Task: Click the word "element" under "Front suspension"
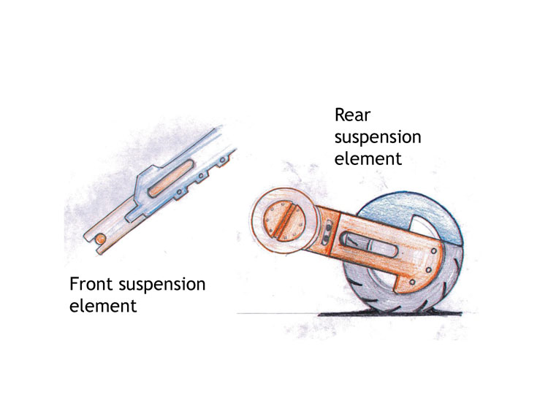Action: coord(102,306)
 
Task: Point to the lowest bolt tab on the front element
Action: coord(180,194)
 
